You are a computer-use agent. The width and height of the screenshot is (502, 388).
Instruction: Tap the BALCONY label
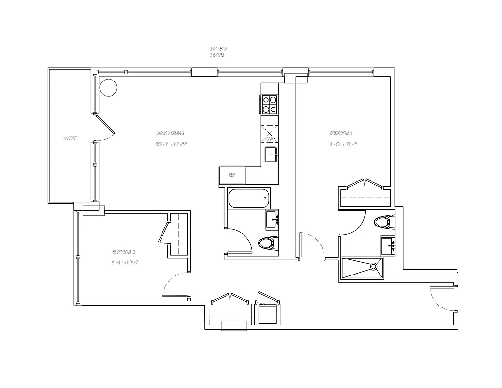click(70, 138)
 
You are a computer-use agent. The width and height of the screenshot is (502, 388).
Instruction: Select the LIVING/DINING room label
click(169, 133)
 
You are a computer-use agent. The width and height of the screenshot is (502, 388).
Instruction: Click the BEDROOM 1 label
click(341, 133)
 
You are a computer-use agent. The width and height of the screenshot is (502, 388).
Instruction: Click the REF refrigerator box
click(232, 175)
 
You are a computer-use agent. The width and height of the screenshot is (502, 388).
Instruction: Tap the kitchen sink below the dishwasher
click(271, 155)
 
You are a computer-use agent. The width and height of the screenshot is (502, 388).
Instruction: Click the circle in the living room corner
click(109, 87)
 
